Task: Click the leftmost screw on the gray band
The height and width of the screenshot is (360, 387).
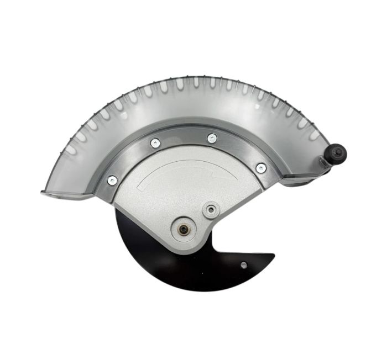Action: tap(112, 179)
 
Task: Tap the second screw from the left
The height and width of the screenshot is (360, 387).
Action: tap(155, 142)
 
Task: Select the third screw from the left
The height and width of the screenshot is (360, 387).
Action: tap(212, 138)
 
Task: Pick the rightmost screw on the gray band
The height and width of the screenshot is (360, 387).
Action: tap(261, 167)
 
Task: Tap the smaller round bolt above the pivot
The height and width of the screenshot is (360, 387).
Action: tap(210, 210)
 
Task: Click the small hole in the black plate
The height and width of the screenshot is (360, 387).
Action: tap(244, 265)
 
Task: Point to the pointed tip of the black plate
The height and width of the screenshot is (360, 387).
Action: tap(273, 256)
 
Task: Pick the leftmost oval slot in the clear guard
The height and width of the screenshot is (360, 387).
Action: tap(70, 150)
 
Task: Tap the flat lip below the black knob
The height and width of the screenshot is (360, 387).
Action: tap(301, 180)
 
